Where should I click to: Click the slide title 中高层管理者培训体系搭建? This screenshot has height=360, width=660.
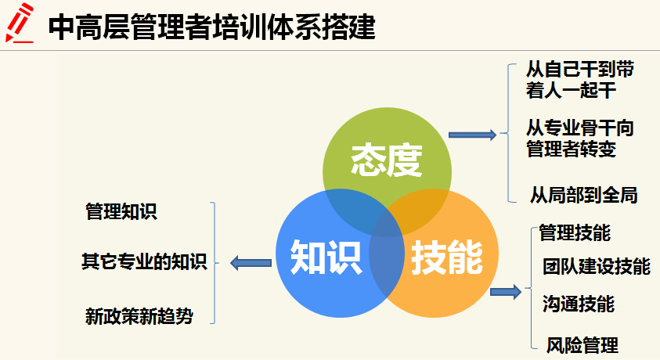click(x=211, y=28)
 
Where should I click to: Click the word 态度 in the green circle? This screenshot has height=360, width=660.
click(x=387, y=160)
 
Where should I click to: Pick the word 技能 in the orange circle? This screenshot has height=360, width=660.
click(x=447, y=256)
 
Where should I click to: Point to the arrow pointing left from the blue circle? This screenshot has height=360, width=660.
click(x=249, y=263)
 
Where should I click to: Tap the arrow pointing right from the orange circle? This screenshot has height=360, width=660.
click(x=505, y=292)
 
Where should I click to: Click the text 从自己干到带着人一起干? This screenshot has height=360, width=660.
click(x=580, y=79)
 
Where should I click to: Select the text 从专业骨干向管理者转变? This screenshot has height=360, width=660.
click(x=580, y=137)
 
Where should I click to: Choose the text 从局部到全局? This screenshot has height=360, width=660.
click(x=584, y=194)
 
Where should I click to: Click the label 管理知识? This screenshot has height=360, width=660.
click(x=121, y=211)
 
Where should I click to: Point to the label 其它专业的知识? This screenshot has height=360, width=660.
click(x=144, y=261)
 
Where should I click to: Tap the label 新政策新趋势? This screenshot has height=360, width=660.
click(x=139, y=316)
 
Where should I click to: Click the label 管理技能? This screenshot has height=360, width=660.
click(x=575, y=232)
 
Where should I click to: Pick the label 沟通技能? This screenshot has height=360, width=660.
click(x=578, y=304)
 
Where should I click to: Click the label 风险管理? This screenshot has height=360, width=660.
click(x=582, y=344)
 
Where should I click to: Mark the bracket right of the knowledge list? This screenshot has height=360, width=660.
click(x=212, y=263)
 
